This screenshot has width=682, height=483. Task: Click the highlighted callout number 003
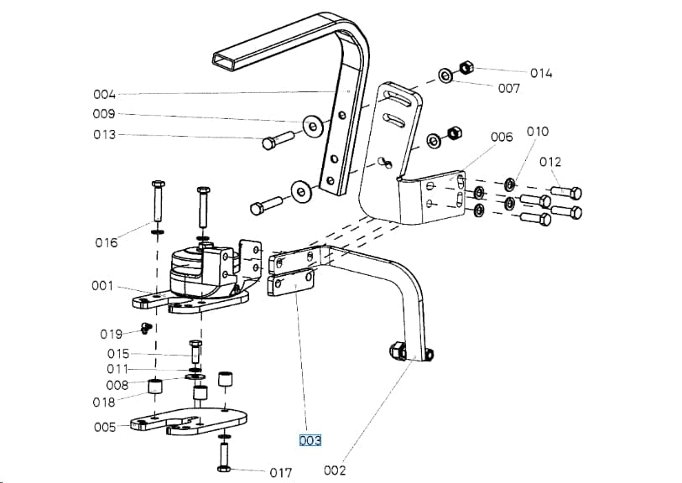pyautogui.click(x=310, y=440)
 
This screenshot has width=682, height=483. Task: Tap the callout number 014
pyautogui.click(x=541, y=73)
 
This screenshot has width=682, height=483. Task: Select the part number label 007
pyautogui.click(x=509, y=89)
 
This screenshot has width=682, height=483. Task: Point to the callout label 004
pyautogui.click(x=104, y=95)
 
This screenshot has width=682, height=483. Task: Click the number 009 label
pyautogui.click(x=104, y=114)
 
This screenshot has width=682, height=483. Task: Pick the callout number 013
pyautogui.click(x=105, y=135)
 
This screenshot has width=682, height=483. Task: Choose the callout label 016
pyautogui.click(x=107, y=242)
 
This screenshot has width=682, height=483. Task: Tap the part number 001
pyautogui.click(x=102, y=286)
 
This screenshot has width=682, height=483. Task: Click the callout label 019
pyautogui.click(x=111, y=335)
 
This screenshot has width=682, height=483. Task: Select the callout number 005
pyautogui.click(x=105, y=428)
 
